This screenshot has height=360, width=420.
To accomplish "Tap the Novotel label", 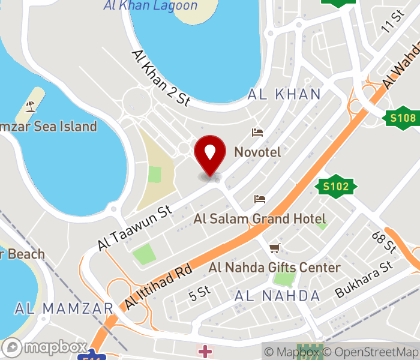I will tap(257, 152).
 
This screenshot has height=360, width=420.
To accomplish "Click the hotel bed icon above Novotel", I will tap(257, 132).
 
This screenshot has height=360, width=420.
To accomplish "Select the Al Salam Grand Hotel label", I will tap(259, 219).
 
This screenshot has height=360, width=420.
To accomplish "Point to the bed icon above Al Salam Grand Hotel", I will tap(260, 199).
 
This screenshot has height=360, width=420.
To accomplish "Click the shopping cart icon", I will tap(275, 247).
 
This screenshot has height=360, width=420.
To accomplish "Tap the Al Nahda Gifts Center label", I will tap(274, 267).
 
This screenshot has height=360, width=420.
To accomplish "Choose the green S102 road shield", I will tap(335, 187).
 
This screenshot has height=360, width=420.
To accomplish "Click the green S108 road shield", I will tap(403, 117).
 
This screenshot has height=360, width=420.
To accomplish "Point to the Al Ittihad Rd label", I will tap(158, 287).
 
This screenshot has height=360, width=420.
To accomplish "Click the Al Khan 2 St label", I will tap(161, 77).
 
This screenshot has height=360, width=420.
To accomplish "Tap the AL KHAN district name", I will tap(284, 94).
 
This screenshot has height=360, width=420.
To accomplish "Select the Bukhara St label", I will tap(364, 279).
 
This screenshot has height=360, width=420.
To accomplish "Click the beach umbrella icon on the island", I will tap(30, 107).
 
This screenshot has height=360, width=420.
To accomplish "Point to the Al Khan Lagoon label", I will tap(150, 6).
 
